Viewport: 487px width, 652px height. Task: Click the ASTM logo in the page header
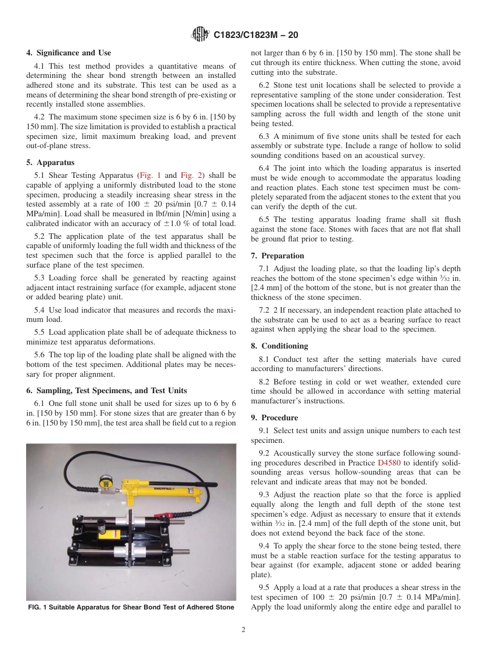pos(199,35)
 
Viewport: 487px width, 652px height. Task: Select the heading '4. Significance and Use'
pos(69,53)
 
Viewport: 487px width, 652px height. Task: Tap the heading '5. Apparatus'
pos(50,162)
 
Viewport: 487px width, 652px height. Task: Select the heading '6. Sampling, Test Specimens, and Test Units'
pos(106,391)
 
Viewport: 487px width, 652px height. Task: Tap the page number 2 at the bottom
pos(243,630)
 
